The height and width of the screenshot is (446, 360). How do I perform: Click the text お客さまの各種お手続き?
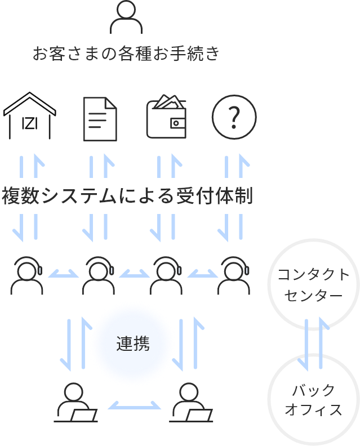pyautogui.click(x=125, y=54)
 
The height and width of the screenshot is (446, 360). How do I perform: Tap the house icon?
pyautogui.click(x=29, y=117)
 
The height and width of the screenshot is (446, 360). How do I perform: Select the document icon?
pyautogui.click(x=100, y=118)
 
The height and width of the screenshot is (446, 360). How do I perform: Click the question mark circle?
pyautogui.click(x=234, y=118)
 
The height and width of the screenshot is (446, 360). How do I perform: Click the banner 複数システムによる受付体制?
pyautogui.click(x=125, y=196)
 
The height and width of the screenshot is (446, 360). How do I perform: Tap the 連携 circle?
pyautogui.click(x=133, y=344)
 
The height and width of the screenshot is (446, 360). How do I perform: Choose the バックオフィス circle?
pyautogui.click(x=313, y=399)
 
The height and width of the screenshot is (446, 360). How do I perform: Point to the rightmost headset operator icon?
pyautogui.click(x=234, y=275)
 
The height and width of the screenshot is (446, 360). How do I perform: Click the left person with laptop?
pyautogui.click(x=75, y=403)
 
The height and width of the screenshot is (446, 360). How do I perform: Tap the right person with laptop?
pyautogui.click(x=189, y=403)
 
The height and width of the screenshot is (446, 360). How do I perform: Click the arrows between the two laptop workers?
pyautogui.click(x=134, y=405)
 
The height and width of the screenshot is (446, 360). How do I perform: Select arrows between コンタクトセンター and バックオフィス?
pyautogui.click(x=313, y=342)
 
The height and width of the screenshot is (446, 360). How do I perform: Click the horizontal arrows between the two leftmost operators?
pyautogui.click(x=63, y=274)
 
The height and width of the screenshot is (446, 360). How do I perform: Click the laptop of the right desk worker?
pyautogui.click(x=199, y=416)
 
